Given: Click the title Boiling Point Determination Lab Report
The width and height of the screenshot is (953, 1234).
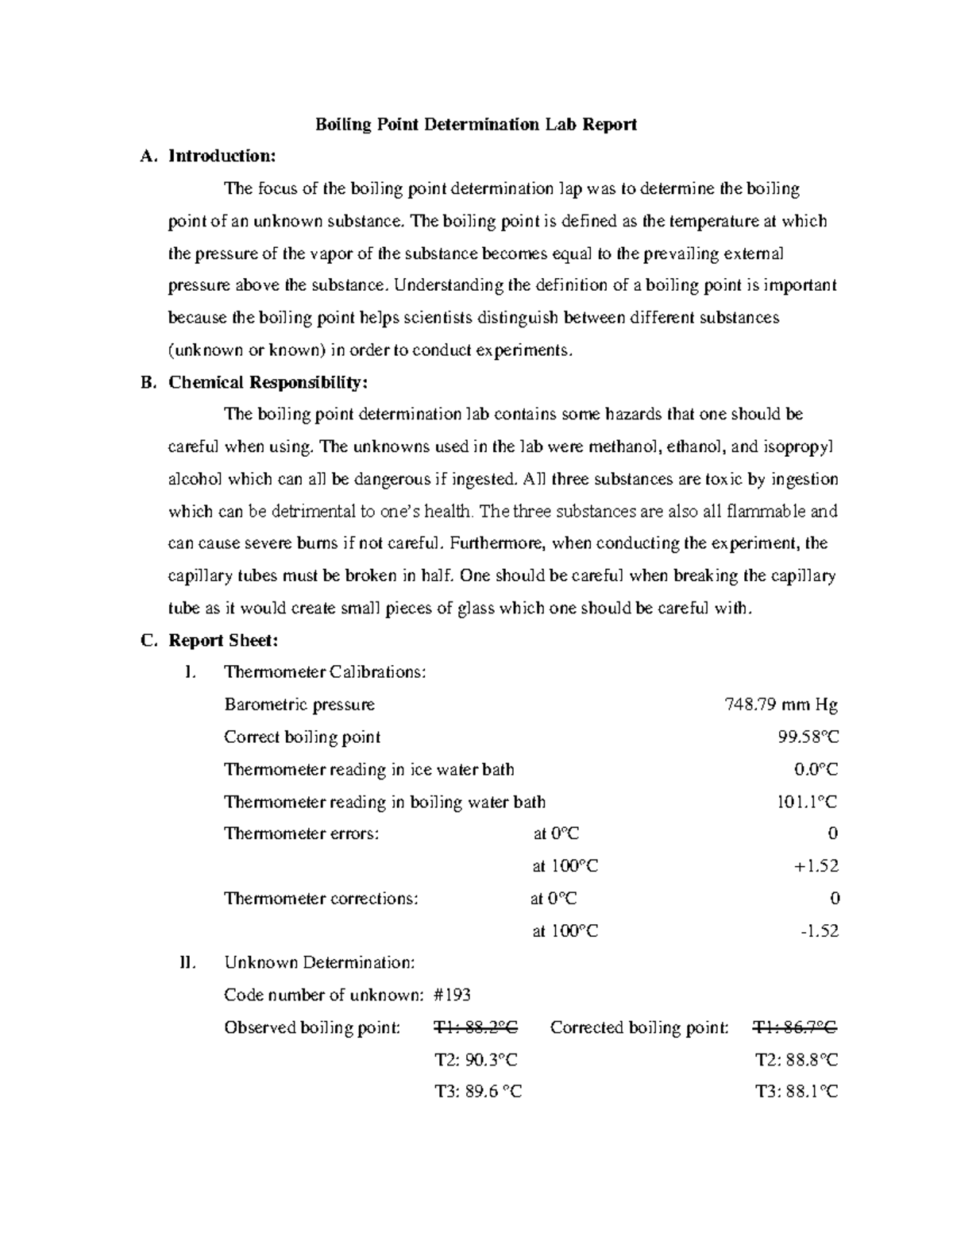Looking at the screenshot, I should [476, 125].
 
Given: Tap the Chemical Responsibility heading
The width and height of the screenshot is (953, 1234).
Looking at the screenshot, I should [268, 382].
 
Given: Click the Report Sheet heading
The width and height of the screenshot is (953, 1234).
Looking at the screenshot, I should [223, 640].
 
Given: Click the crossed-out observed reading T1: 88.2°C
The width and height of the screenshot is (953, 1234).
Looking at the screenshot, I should [476, 1028].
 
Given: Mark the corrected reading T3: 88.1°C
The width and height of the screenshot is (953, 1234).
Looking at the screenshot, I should [796, 1093].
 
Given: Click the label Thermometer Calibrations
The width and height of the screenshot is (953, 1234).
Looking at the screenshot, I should [325, 673].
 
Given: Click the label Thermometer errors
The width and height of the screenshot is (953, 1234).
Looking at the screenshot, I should [302, 834].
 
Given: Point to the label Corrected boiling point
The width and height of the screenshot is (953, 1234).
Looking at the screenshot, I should [639, 1028].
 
